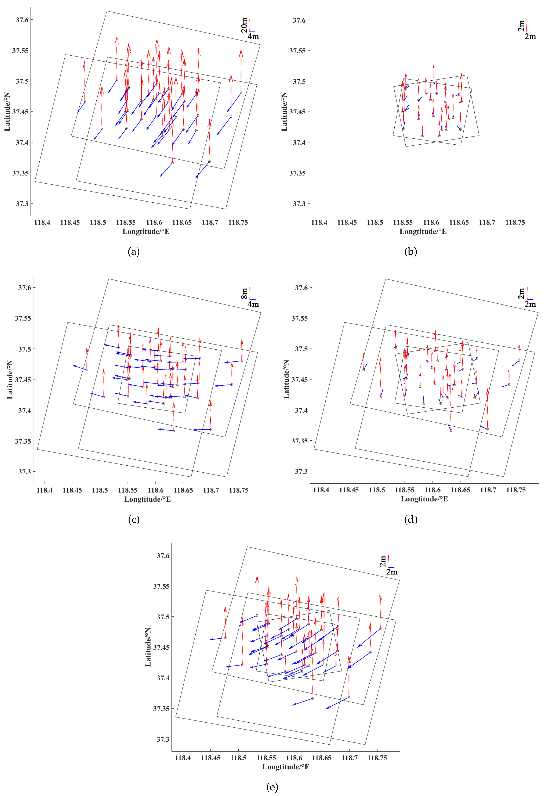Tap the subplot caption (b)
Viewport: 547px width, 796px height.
pyautogui.click(x=411, y=252)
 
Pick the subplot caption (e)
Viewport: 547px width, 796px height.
pyautogui.click(x=272, y=787)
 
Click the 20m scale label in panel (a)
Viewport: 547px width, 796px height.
pyautogui.click(x=244, y=25)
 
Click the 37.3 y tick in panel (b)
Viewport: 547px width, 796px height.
pyautogui.click(x=299, y=204)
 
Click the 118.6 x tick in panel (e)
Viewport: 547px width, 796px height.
pyautogui.click(x=294, y=758)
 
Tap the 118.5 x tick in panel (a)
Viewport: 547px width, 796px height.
pyautogui.click(x=98, y=222)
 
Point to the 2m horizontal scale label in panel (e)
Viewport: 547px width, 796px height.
pyautogui.click(x=392, y=572)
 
